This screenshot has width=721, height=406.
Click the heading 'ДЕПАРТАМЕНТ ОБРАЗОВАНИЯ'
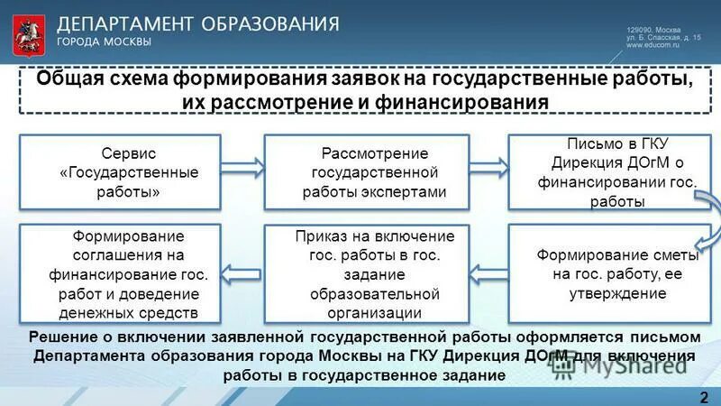click(198, 23)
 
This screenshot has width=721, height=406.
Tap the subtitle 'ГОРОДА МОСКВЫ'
click(104, 42)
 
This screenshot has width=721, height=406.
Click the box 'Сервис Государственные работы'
click(119, 172)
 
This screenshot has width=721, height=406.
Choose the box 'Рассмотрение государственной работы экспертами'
click(366, 172)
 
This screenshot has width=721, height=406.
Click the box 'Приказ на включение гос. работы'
click(366, 273)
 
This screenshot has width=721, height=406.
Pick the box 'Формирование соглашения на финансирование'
click(119, 273)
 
